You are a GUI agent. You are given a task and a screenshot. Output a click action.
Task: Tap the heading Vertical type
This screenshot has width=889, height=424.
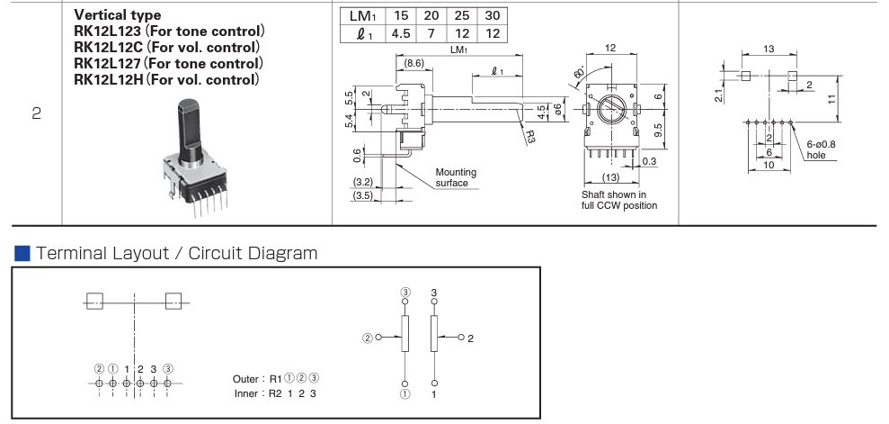pos(118,15)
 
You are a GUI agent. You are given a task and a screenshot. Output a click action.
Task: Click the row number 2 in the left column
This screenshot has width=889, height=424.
pos(36,114)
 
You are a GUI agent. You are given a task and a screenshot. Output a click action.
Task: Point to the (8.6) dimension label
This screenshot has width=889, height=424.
pos(413,64)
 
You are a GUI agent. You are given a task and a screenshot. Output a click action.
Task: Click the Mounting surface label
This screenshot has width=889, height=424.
pos(456,177)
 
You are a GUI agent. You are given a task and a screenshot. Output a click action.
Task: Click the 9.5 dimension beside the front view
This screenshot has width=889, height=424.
pos(659,127)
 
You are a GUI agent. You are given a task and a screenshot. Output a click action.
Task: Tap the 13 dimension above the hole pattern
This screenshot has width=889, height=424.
pos(768,48)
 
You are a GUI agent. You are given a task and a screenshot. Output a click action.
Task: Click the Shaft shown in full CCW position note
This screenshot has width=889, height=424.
pos(619,200)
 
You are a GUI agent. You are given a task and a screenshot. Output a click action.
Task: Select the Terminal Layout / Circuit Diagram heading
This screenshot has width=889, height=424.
pos(176,253)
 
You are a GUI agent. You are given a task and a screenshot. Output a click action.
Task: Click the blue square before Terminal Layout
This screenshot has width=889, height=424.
pos(22,253)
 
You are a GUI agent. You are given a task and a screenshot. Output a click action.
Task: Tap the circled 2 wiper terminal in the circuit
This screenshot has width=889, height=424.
pos(367,338)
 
